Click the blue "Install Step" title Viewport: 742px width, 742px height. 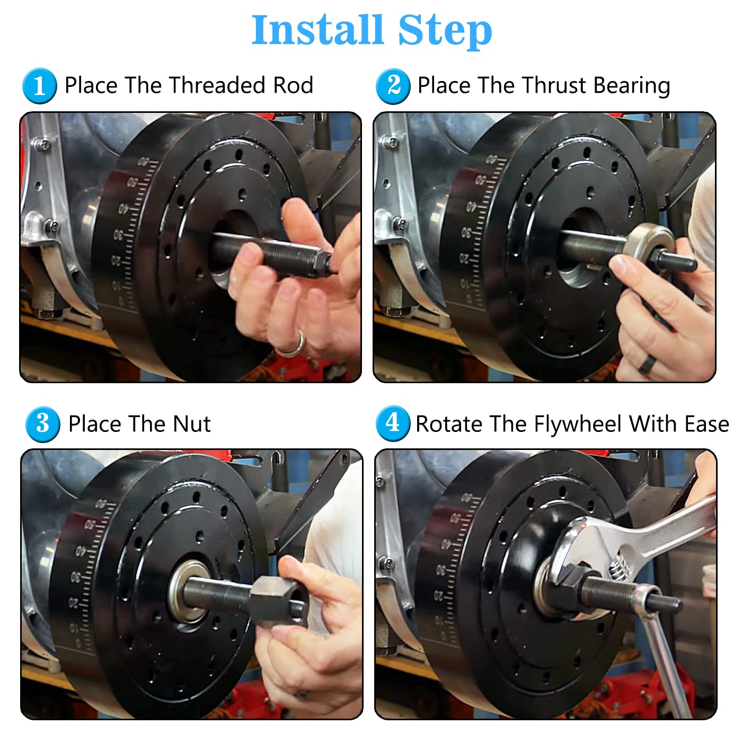(x=372, y=30)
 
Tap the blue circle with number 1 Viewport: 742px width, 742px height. (x=39, y=86)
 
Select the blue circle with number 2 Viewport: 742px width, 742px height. (x=393, y=86)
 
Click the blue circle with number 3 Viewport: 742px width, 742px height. (x=42, y=424)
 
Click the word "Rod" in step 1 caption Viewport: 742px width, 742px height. (x=293, y=85)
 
